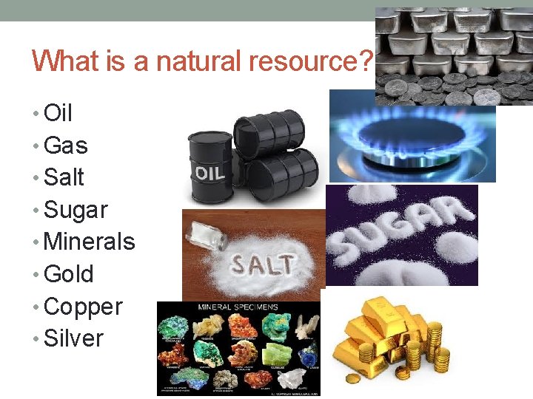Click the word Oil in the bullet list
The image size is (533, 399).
(x=58, y=113)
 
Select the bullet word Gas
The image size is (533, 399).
(x=66, y=146)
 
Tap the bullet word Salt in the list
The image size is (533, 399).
(x=64, y=177)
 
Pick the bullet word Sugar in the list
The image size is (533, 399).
(x=76, y=211)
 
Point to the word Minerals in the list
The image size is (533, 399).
(x=90, y=242)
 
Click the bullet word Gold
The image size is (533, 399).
(x=69, y=274)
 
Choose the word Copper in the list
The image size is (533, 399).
(x=83, y=307)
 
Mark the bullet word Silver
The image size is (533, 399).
(x=74, y=338)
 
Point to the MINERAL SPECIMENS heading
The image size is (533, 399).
(x=238, y=307)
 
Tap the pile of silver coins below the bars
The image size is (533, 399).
(x=452, y=89)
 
